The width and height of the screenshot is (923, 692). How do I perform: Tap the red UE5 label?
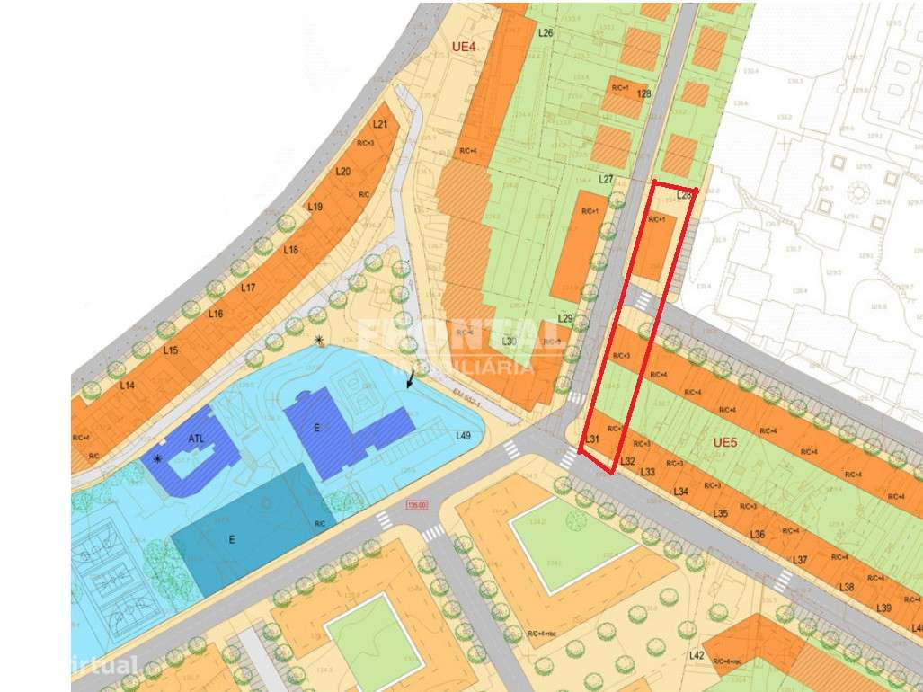724,442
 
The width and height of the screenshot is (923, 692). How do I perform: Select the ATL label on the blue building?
197,439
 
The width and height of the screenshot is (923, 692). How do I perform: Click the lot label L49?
464,436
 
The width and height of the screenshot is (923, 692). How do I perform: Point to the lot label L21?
380,124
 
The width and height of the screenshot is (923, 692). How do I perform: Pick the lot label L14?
127,386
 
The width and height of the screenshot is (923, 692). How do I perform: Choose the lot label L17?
249,288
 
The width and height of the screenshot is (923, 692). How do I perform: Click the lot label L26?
546,33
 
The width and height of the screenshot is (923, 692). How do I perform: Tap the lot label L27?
606,180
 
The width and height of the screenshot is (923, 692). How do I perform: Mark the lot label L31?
591,439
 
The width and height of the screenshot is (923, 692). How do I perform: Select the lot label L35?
720,514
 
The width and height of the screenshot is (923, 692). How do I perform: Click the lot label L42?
697,655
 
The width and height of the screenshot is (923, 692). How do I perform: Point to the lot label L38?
847,587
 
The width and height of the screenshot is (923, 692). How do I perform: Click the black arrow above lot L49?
412,377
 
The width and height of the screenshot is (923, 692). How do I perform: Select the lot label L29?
565,319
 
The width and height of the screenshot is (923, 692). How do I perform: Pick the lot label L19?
315,207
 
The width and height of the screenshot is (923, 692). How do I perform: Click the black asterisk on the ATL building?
158,458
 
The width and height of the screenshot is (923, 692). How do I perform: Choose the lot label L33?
647,472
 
